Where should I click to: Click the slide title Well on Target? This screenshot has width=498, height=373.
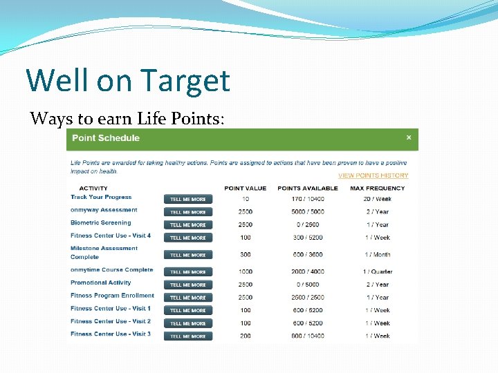pos(128,80)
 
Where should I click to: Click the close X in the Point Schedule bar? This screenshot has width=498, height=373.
pos(408,137)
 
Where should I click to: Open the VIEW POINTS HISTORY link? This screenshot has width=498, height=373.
pos(373,175)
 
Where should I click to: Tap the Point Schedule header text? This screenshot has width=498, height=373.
pos(106,138)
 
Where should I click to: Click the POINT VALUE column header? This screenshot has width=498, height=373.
pos(245,188)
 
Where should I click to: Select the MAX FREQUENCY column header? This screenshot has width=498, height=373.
pos(377,188)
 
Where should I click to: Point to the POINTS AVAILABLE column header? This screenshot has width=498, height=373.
pos(308,188)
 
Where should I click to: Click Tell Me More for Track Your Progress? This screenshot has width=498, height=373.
pos(188,199)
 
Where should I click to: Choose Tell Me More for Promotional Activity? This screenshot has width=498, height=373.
pos(188,285)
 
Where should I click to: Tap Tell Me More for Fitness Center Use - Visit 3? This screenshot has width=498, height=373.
pos(188,336)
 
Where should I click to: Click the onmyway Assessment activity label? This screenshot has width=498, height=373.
pos(104,210)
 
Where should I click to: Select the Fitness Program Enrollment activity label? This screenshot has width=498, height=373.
pos(112,296)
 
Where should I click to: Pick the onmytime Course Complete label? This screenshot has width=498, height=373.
pos(111,270)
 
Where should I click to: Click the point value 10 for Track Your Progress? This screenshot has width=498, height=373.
pos(246,199)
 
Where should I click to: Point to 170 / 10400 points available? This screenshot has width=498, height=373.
pos(308,199)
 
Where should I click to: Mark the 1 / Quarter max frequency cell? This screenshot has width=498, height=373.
pos(377,271)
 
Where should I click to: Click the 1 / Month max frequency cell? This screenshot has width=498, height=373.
pos(377,255)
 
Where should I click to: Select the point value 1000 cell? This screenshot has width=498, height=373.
pos(246,271)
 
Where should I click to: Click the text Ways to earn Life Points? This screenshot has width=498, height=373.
pos(127,118)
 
